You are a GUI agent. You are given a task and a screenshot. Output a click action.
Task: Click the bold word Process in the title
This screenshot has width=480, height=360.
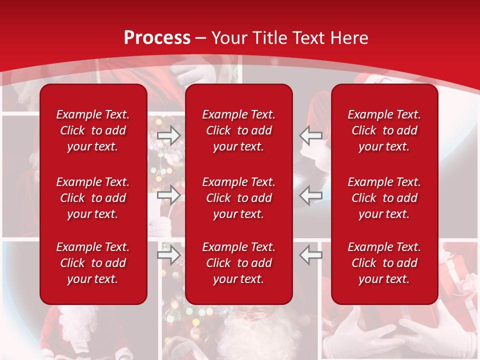pyautogui.click(x=157, y=38)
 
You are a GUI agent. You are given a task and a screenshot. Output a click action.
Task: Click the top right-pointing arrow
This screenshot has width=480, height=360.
pyautogui.click(x=168, y=135)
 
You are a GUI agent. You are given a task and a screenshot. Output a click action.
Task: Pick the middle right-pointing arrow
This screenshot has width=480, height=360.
pyautogui.click(x=168, y=195)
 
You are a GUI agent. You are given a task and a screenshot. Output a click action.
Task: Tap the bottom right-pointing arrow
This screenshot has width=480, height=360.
pyautogui.click(x=168, y=255)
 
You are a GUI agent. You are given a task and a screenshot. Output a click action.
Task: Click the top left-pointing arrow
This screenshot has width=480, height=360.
pyautogui.click(x=310, y=135)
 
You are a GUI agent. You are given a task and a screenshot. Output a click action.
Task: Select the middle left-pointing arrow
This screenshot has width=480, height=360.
pyautogui.click(x=310, y=195)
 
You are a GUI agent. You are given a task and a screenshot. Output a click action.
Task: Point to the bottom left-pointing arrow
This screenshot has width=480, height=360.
pyautogui.click(x=310, y=255)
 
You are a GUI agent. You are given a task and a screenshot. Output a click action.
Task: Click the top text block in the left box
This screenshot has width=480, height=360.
pyautogui.click(x=93, y=130)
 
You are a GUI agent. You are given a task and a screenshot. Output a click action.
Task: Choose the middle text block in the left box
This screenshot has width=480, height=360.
pyautogui.click(x=93, y=198)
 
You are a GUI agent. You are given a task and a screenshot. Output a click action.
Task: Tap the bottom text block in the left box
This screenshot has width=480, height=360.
pyautogui.click(x=93, y=263)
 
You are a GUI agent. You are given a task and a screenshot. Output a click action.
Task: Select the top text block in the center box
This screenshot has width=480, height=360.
pyautogui.click(x=238, y=130)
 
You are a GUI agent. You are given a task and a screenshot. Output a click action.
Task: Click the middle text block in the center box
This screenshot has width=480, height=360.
pyautogui.click(x=238, y=198)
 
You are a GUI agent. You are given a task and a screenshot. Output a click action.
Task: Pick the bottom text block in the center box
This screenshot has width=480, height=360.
pyautogui.click(x=238, y=263)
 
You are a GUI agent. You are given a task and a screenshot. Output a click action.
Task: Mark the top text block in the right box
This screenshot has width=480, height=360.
pyautogui.click(x=384, y=130)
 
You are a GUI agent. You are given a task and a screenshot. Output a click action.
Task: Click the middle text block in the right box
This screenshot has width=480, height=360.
pyautogui.click(x=384, y=198)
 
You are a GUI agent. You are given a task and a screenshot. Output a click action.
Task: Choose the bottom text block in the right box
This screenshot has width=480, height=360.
pyautogui.click(x=384, y=263)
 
